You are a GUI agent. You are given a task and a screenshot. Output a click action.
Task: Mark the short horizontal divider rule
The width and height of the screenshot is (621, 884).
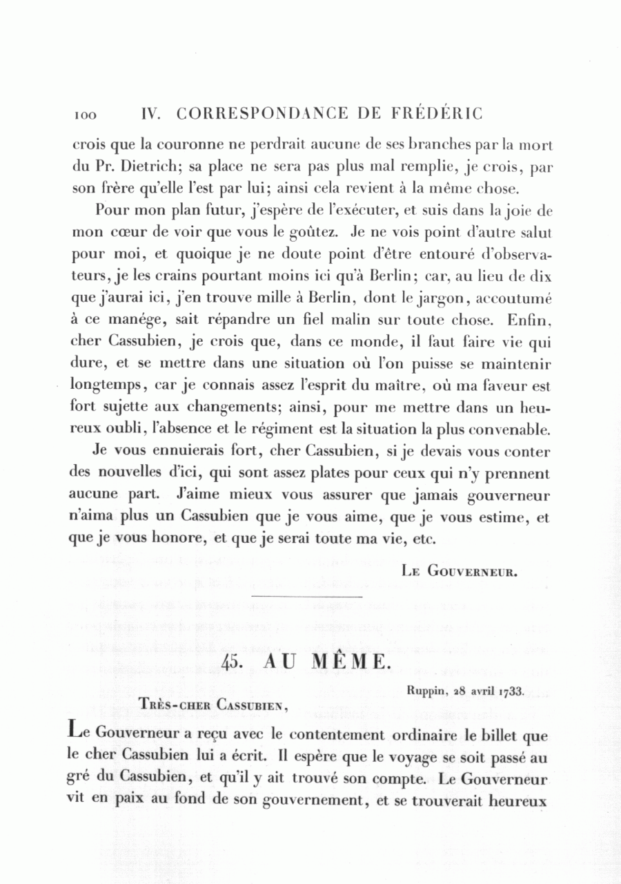307,596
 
